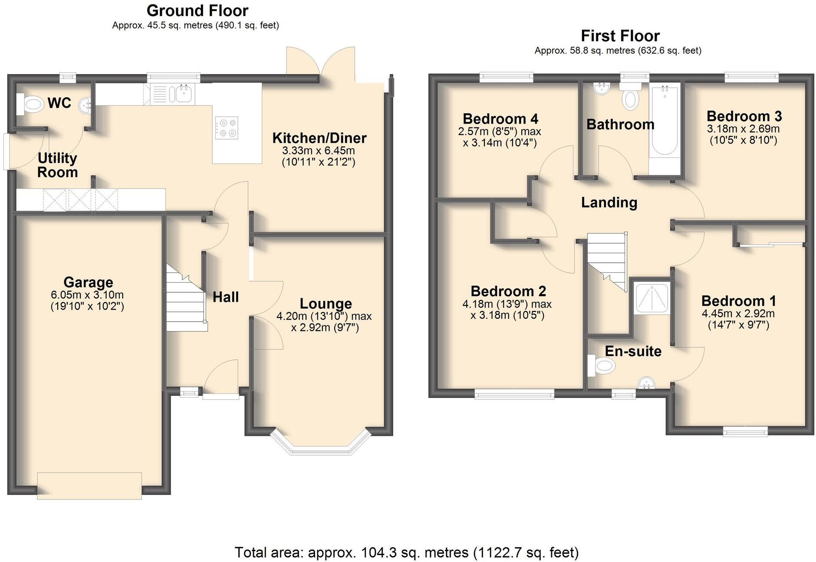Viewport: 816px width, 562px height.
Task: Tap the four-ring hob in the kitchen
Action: click(x=227, y=128)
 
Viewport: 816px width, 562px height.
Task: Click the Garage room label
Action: click(x=88, y=282)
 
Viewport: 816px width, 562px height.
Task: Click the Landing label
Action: click(x=609, y=203)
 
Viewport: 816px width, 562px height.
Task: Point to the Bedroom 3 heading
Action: click(x=744, y=116)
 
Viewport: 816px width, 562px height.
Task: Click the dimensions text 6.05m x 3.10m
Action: click(x=87, y=295)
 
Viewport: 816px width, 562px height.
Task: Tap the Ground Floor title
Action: click(x=197, y=10)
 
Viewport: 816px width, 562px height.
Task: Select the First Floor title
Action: click(x=620, y=36)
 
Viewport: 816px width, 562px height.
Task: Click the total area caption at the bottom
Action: click(x=407, y=552)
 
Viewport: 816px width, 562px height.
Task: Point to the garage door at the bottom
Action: click(x=89, y=486)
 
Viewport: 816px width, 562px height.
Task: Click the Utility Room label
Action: click(x=57, y=165)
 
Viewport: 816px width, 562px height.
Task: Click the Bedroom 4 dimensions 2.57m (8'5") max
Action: click(x=500, y=131)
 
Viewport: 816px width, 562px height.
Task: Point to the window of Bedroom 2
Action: click(x=514, y=394)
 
